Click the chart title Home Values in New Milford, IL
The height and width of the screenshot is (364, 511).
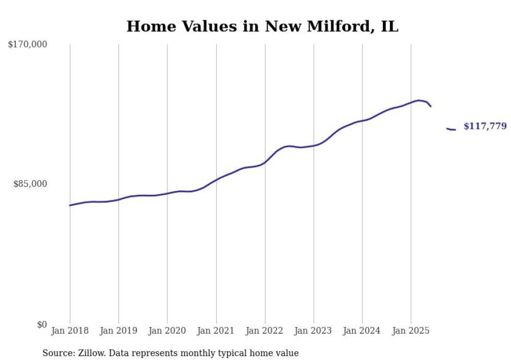262,27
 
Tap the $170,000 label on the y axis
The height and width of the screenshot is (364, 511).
28,45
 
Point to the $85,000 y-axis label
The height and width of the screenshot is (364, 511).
30,184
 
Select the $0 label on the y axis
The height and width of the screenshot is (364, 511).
41,324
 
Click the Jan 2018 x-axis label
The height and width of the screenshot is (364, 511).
70,331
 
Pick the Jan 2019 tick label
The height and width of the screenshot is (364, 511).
118,331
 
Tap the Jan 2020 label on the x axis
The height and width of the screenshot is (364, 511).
167,331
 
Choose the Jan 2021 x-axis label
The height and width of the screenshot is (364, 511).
216,331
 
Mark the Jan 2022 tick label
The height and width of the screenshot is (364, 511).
265,331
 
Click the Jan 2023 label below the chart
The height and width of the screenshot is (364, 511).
313,331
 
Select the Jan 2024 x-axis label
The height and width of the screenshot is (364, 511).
362,331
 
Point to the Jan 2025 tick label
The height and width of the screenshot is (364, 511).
411,331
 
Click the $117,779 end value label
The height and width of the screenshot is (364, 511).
485,127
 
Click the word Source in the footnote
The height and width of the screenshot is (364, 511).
57,353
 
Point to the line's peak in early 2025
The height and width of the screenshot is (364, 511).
419,101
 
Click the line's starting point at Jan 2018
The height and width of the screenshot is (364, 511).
70,205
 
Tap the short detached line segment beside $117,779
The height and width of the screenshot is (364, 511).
451,129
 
